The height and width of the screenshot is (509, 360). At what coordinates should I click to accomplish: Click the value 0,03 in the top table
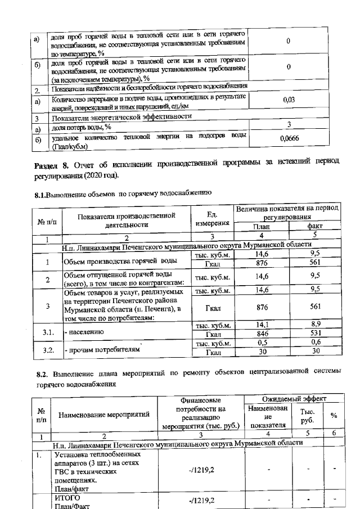click(289, 100)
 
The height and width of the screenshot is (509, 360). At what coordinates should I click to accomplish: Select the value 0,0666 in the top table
click(289, 138)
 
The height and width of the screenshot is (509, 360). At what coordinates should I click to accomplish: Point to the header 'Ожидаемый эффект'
click(290, 398)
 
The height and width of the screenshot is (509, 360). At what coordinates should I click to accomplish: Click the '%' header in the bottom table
click(334, 416)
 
